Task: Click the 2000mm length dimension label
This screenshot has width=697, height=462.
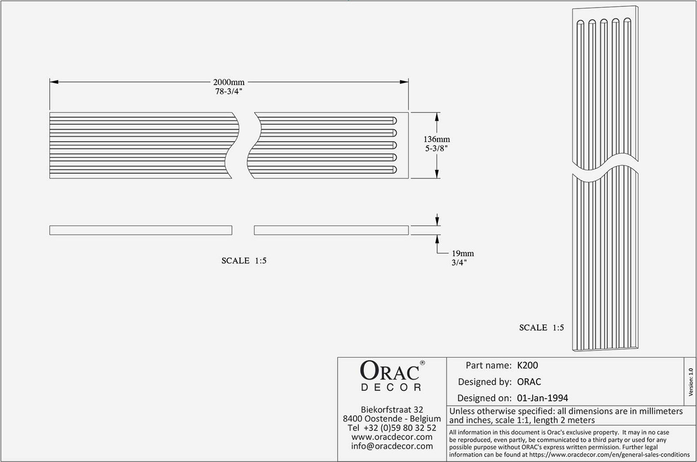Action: click(x=229, y=82)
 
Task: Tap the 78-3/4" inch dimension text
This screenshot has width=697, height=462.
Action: click(x=229, y=92)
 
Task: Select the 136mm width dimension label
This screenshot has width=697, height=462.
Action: click(x=436, y=139)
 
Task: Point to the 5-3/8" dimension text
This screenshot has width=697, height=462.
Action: click(x=436, y=149)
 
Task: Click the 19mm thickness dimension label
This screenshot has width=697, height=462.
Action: click(x=462, y=253)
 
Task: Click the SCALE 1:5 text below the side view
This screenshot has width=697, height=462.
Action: click(x=244, y=261)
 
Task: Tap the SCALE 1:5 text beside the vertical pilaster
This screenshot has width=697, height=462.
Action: click(x=541, y=328)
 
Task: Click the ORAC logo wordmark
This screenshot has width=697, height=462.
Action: click(x=389, y=371)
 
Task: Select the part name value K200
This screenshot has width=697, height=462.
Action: click(x=527, y=366)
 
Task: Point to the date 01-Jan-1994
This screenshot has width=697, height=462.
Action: click(x=542, y=398)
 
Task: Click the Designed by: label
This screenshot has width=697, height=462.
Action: click(x=484, y=382)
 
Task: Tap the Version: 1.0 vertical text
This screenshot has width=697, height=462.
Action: click(x=690, y=382)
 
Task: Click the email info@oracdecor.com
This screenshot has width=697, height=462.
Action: click(x=392, y=446)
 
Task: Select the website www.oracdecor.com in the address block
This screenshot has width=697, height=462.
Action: click(x=392, y=437)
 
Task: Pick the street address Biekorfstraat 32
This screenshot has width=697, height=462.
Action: click(x=392, y=410)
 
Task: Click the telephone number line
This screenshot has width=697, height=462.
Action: click(x=392, y=428)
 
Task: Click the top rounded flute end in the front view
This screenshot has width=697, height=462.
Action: click(x=394, y=120)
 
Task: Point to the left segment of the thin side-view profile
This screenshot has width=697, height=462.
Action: click(x=141, y=230)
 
